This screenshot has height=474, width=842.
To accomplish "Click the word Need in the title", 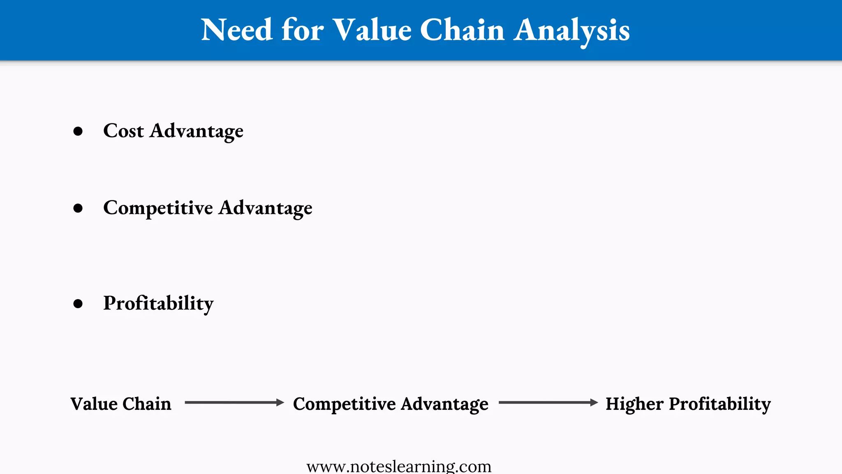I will coord(236,30).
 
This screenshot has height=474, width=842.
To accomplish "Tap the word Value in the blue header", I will coord(372,30).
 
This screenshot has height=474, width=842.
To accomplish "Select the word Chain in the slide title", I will coord(462,30).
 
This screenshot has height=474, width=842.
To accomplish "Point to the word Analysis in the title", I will coord(571,30).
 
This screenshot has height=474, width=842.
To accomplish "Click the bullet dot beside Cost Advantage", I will coord(78,131).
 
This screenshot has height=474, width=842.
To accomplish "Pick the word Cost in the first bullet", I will coord(123,131).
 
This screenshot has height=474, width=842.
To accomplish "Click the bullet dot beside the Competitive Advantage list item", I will coord(78,208).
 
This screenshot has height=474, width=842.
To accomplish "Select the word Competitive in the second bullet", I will coord(158,208).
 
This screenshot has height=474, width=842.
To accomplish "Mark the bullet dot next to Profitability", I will coord(78,304).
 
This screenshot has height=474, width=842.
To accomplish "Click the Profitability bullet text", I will coord(158,304).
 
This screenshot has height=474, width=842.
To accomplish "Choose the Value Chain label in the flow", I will coord(121,404).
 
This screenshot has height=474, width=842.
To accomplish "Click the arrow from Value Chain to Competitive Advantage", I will coord(234,402).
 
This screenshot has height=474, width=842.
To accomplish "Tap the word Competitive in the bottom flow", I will coord(344,404).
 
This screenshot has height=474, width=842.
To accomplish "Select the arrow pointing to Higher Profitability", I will coord(548,402).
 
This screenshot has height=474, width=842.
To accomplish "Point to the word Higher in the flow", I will coord(634,404).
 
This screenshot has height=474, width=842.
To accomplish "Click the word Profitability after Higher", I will coord(720,404).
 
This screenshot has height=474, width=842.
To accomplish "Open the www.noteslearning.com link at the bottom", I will coord(399,467).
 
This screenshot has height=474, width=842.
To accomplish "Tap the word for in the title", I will coord(302,30).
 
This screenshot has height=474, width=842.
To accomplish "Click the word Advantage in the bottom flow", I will coord(444,404).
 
